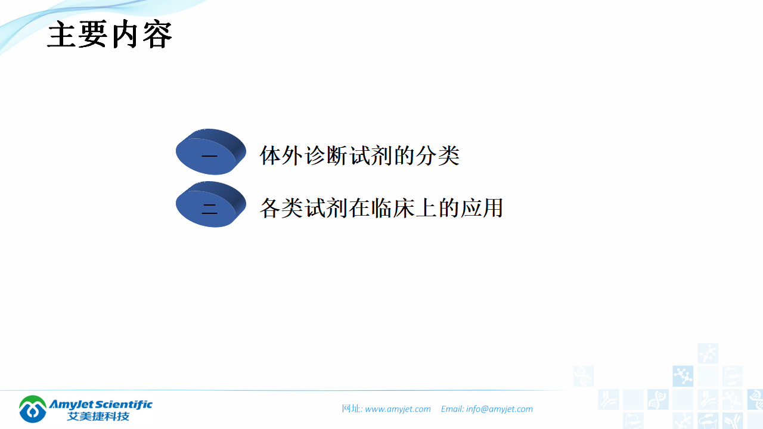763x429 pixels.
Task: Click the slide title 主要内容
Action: coord(110,35)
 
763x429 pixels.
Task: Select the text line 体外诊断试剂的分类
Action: coord(359,156)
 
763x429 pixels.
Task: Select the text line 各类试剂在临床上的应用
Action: coord(381,208)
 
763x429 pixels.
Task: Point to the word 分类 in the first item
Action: coord(440,156)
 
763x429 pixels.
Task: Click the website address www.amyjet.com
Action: coord(398,409)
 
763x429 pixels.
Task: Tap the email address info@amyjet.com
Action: coord(500,409)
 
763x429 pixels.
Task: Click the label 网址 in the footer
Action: coord(351,409)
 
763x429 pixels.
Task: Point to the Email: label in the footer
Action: coord(452,409)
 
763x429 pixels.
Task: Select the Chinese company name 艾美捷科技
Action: coord(98,416)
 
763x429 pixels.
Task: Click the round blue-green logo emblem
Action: coord(33,409)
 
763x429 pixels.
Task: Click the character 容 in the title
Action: coord(157,35)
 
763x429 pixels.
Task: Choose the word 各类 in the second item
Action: coord(280,208)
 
